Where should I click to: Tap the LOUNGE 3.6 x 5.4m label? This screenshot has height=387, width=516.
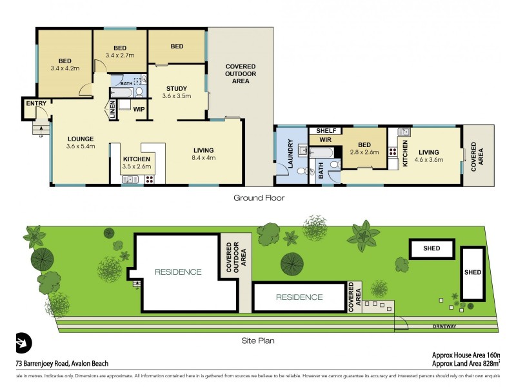click(x=81, y=143)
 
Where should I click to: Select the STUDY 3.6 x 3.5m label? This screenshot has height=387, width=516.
click(x=176, y=92)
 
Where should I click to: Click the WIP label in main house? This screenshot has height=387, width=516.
click(x=139, y=109)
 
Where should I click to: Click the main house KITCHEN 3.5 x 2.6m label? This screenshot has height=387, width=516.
click(x=137, y=163)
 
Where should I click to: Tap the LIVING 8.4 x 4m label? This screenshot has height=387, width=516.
click(x=203, y=154)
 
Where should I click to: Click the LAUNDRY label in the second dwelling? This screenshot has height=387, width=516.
click(x=291, y=155)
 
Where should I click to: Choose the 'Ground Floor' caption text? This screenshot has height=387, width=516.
click(x=259, y=198)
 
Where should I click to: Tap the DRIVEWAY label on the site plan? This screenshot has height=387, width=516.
click(x=445, y=326)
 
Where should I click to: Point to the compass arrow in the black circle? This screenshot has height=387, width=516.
click(x=24, y=342)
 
